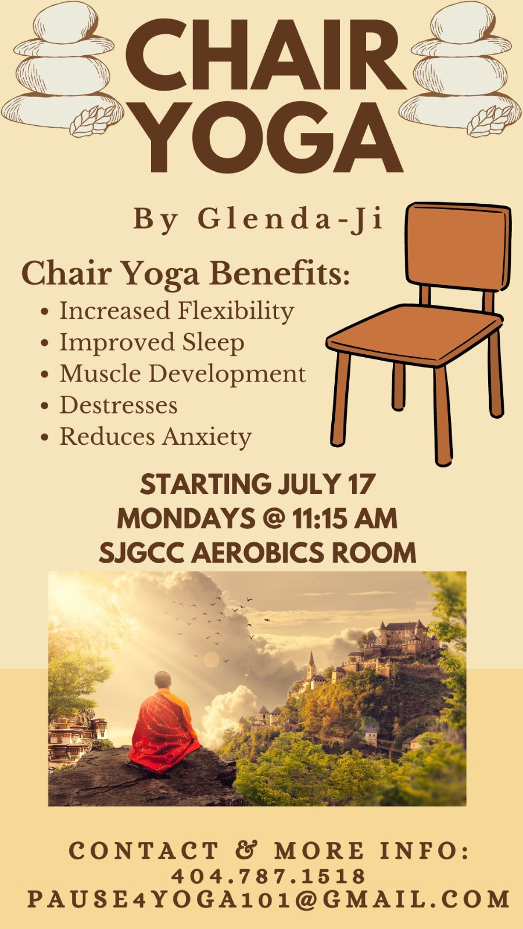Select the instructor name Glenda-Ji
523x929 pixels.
(290, 219)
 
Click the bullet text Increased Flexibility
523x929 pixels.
(177, 311)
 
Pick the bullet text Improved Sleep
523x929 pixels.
(152, 343)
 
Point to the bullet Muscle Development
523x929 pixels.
(182, 374)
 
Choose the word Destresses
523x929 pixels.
(119, 405)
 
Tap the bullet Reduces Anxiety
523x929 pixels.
(156, 437)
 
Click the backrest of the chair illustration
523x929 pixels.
(457, 246)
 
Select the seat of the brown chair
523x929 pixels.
(415, 334)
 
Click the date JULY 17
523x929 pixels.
(327, 484)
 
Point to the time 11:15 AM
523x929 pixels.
(345, 518)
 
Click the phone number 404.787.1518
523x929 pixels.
(268, 876)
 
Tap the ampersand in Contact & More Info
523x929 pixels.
(246, 851)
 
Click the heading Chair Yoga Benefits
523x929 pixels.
(185, 274)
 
